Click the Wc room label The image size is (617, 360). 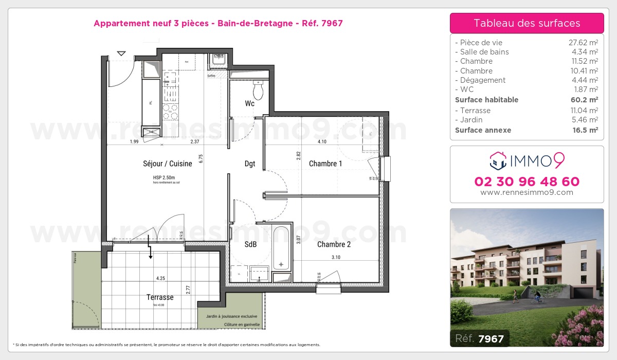pos(249,103)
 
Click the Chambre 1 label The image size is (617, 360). pos(325,164)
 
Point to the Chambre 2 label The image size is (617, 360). pos(334,244)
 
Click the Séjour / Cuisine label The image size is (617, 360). pos(168,164)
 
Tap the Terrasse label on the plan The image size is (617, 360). pos(160,297)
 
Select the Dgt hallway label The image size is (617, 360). pos(250,164)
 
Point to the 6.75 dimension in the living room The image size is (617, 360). pos(202,159)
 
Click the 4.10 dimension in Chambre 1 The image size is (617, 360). pos(322,141)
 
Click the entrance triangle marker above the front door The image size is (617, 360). pos(121,53)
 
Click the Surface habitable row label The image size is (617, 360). pos(486,100)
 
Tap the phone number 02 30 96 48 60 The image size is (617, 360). pos(527,182)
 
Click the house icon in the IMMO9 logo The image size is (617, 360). pos(498,161)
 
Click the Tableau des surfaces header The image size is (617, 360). pos(527,23)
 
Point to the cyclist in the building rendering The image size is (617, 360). pos(537,297)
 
